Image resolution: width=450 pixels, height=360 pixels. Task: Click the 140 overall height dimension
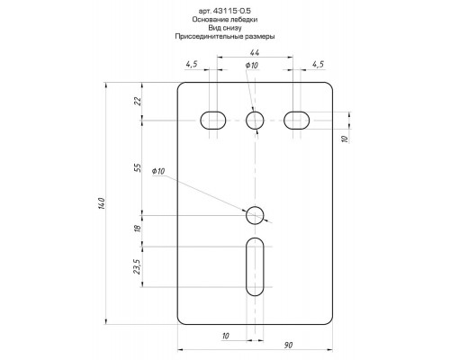[102, 203]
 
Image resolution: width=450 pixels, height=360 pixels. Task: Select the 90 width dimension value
[288, 345]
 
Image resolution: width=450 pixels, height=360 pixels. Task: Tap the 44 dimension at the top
[255, 52]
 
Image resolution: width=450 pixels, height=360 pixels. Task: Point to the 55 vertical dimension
[138, 167]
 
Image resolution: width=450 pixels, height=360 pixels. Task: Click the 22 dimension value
[138, 102]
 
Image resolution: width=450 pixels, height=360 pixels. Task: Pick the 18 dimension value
[138, 228]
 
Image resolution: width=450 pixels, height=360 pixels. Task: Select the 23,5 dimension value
[137, 266]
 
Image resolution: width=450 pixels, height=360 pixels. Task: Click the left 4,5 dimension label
[192, 64]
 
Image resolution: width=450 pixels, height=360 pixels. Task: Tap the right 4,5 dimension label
[319, 64]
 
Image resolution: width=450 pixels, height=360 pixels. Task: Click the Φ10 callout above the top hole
[252, 65]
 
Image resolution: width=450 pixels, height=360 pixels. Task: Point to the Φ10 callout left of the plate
[158, 171]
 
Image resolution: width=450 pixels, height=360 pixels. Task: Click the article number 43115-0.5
[232, 11]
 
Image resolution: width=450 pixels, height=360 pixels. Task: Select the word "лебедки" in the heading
[244, 20]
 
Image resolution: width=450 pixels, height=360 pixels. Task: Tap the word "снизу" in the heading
[232, 28]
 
